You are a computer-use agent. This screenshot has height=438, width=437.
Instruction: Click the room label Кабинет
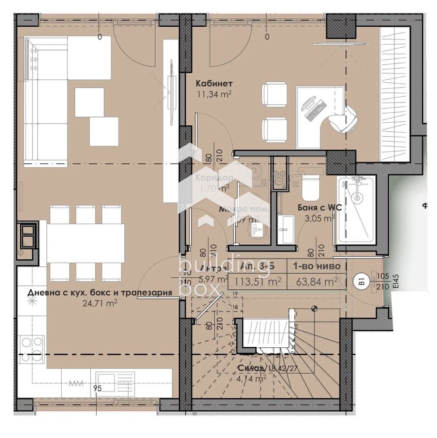click(214, 83)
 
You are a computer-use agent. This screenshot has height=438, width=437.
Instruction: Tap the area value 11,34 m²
click(214, 93)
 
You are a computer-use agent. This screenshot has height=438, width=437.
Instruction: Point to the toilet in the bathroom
click(311, 187)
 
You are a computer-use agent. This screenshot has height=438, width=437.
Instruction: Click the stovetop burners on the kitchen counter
click(32, 348)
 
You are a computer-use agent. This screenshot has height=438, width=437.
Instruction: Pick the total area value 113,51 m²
click(257, 281)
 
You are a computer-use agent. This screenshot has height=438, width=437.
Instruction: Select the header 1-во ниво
click(316, 266)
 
